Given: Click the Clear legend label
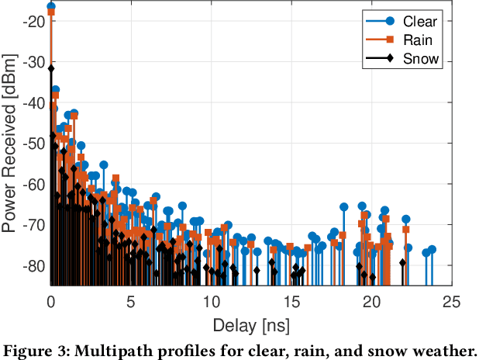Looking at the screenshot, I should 419,22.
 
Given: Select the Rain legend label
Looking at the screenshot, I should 417,40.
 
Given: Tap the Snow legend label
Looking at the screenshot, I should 419,59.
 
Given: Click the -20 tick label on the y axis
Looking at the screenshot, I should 33,22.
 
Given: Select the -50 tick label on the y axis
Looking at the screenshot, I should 33,144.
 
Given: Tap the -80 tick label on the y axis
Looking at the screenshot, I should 33,265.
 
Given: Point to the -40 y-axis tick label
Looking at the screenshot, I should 33,103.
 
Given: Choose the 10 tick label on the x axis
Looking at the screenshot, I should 212,301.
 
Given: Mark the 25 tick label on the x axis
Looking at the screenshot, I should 453,301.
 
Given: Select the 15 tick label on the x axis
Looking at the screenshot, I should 292,301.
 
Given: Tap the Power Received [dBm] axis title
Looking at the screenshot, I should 11,144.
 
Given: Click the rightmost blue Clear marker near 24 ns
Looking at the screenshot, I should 432,249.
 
